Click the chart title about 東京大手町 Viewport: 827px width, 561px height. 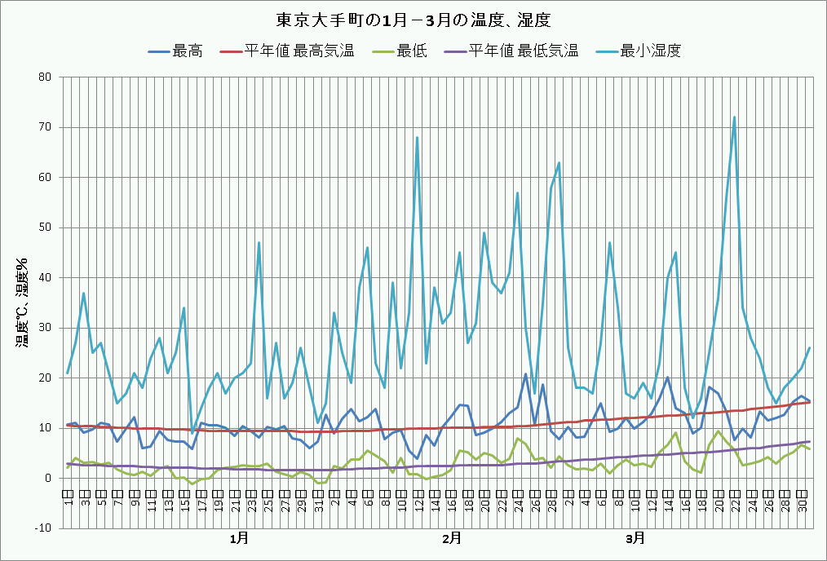click(413, 19)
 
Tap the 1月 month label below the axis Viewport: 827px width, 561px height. click(239, 538)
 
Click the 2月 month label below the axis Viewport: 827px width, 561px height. click(451, 538)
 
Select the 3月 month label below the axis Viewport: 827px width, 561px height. click(635, 538)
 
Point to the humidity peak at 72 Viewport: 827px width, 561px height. click(734, 117)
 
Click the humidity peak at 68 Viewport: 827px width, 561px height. click(417, 138)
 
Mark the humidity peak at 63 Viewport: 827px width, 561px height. click(559, 162)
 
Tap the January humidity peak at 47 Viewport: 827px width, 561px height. click(259, 242)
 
